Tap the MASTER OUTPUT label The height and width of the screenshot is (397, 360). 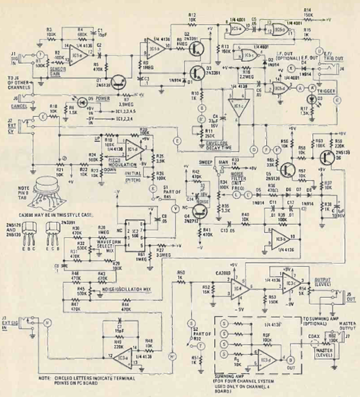[347, 326]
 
